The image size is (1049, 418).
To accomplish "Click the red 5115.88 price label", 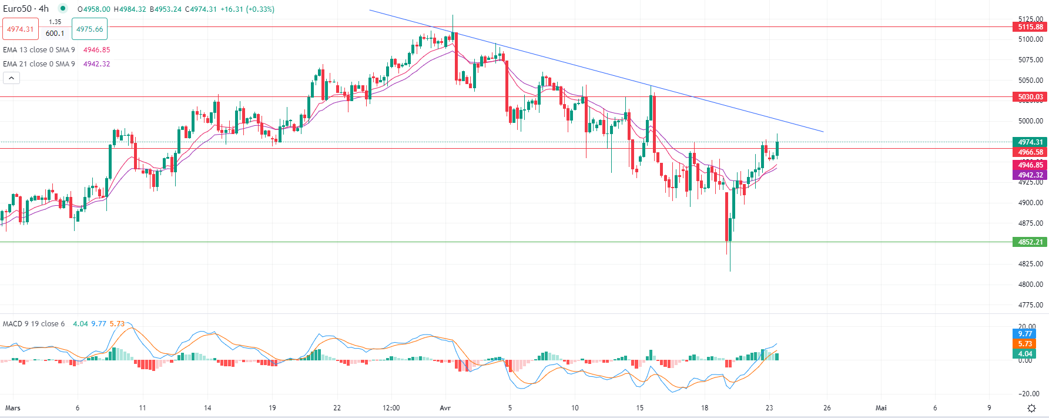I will (1030, 27).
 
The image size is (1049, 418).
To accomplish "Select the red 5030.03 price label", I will (1030, 97).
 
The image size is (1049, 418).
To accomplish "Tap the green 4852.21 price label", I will (1030, 242).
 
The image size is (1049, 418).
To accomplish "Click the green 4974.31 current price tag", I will (1030, 142).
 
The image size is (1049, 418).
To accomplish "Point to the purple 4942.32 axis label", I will (1030, 175).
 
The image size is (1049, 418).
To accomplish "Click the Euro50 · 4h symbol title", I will (26, 9).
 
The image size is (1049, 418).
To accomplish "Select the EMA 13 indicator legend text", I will (39, 50).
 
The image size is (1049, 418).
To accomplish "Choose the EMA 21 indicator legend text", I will (39, 64).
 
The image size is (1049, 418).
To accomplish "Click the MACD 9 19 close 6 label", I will (33, 324).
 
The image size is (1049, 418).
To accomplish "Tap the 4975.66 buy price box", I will (89, 29).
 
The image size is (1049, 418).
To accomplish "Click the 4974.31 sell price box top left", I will (20, 29).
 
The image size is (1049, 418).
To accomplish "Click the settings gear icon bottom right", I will (1031, 408).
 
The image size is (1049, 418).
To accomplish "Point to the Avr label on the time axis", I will (445, 408).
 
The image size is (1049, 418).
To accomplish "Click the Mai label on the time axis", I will (880, 408).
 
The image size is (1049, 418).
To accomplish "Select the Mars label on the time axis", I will (12, 408).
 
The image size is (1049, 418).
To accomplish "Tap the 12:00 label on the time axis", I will (391, 408).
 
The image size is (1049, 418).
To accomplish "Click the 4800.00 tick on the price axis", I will (1030, 285).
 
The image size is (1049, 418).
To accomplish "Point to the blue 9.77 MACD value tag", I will (1025, 334).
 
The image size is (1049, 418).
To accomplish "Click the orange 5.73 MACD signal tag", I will (1025, 344).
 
